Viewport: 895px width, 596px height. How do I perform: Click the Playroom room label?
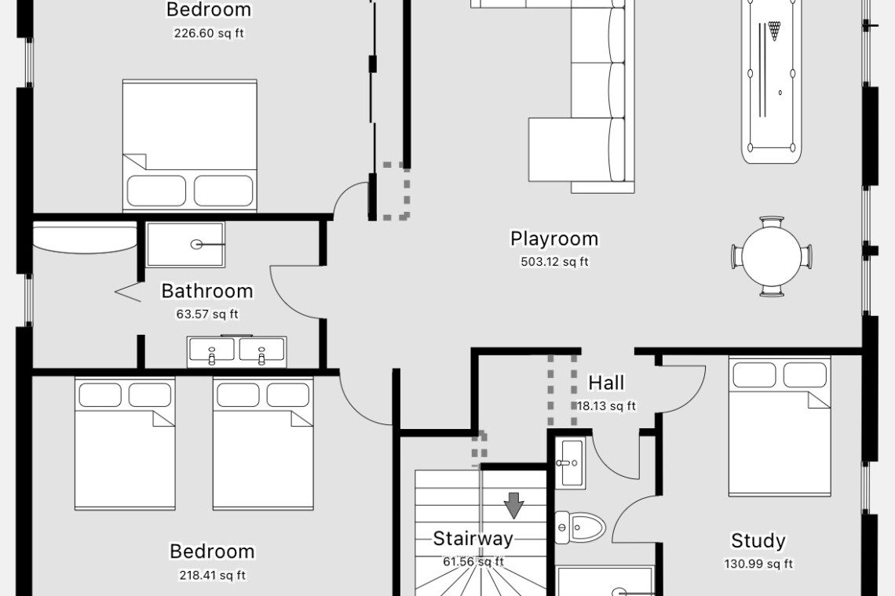click(x=554, y=239)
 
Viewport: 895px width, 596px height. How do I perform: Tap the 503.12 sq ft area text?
click(x=554, y=262)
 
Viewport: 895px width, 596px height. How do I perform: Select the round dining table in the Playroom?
click(x=772, y=256)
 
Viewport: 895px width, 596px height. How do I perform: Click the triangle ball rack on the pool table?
click(x=773, y=31)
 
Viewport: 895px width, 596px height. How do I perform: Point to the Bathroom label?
click(x=207, y=291)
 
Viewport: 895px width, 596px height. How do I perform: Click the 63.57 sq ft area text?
click(x=207, y=314)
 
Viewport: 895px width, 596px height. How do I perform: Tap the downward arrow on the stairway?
click(x=514, y=505)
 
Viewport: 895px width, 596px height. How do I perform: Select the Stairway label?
click(x=473, y=539)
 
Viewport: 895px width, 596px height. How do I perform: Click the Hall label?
click(x=606, y=383)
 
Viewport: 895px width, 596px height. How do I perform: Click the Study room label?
click(x=758, y=540)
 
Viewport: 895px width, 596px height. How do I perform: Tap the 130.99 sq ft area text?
click(x=758, y=564)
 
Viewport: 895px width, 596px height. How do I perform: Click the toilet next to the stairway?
click(x=580, y=527)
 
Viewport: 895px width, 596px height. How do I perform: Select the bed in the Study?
click(x=780, y=427)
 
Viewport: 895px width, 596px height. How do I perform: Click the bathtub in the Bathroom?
click(x=85, y=238)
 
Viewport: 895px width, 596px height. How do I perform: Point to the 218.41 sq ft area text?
click(x=213, y=575)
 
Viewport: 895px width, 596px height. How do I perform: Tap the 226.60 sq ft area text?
click(x=209, y=33)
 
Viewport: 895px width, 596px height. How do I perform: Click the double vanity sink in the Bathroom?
click(x=237, y=351)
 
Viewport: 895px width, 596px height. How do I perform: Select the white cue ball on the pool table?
click(x=780, y=93)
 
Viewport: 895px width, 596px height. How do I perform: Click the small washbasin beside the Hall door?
click(x=570, y=463)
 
